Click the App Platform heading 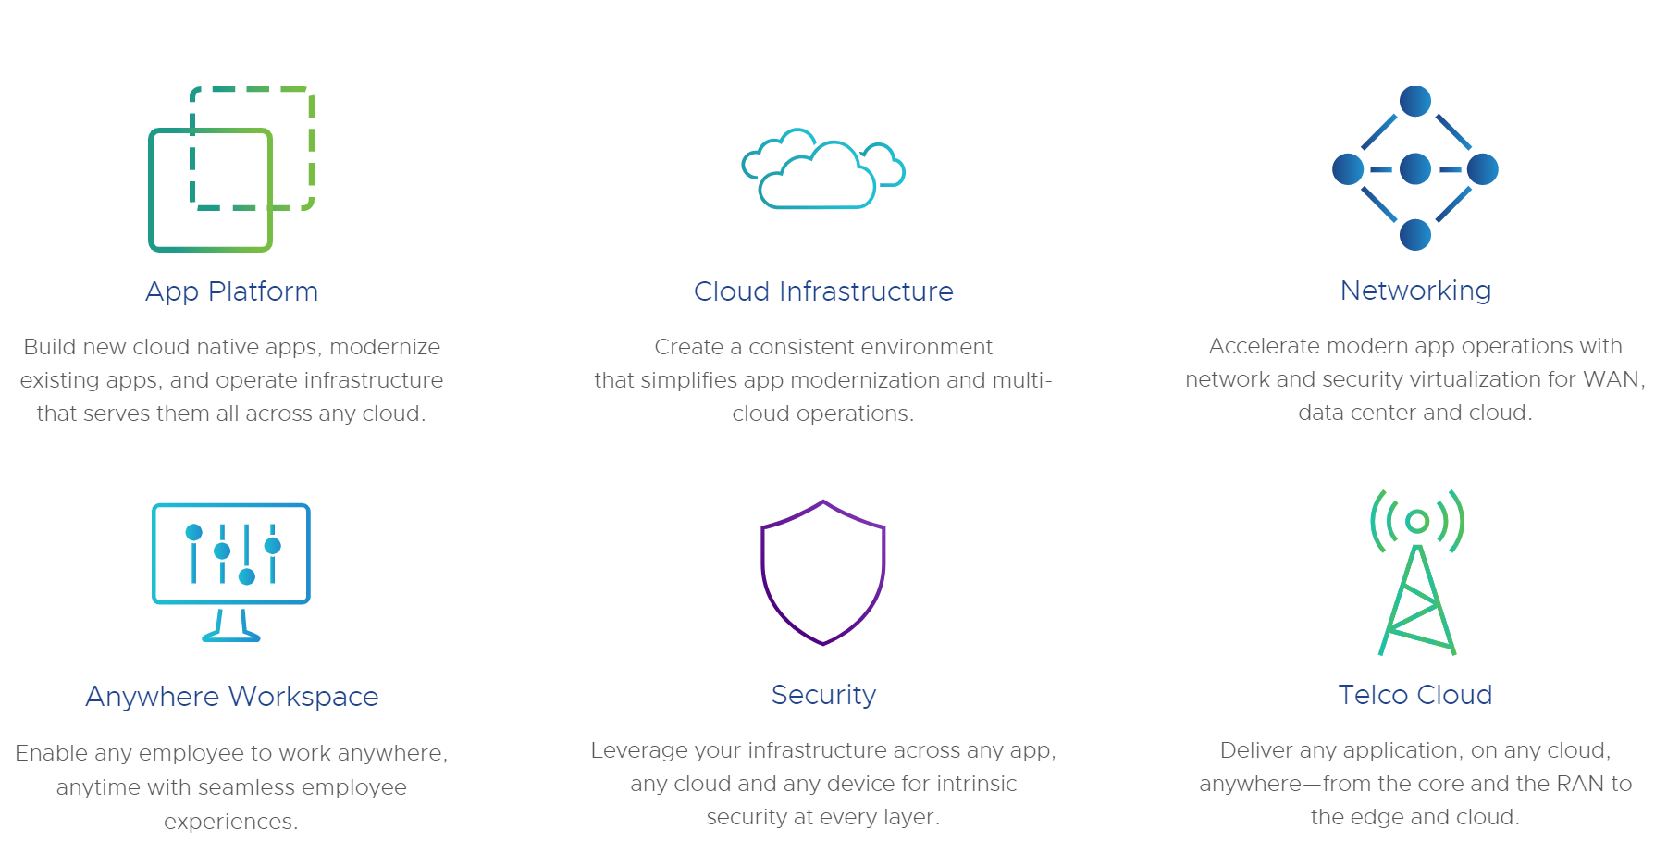[x=231, y=291]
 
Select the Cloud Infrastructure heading [x=823, y=291]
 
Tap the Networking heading [x=1415, y=291]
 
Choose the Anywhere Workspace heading [x=231, y=696]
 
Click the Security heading [x=823, y=695]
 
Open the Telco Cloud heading [x=1415, y=695]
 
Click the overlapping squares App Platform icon [x=231, y=169]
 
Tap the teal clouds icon [x=823, y=169]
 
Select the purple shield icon [x=823, y=573]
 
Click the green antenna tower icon [x=1416, y=573]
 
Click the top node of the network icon [x=1415, y=101]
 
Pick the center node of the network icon [x=1415, y=169]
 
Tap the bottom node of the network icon [x=1415, y=235]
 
